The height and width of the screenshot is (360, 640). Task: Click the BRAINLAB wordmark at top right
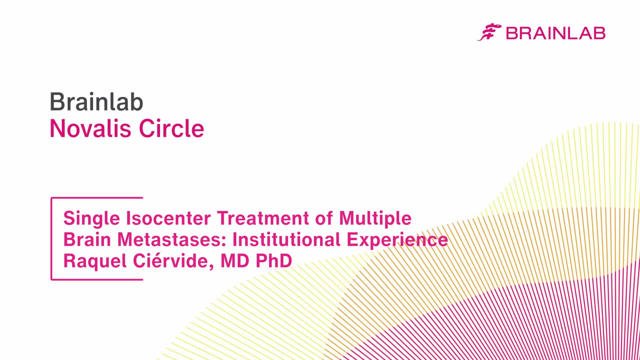click(x=555, y=33)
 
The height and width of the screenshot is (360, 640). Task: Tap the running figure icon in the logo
click(x=489, y=32)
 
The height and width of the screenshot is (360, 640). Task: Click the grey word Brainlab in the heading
click(x=96, y=102)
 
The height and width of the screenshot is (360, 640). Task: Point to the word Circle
click(x=171, y=128)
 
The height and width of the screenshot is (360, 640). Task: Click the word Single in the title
click(x=92, y=219)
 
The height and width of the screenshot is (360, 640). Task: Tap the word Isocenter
click(x=168, y=218)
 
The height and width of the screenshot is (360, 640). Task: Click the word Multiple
click(x=375, y=219)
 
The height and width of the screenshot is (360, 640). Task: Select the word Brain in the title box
click(x=87, y=240)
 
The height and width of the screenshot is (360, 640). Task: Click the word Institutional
click(x=286, y=240)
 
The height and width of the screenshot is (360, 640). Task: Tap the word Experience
click(x=397, y=240)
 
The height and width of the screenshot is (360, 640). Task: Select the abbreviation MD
click(x=235, y=261)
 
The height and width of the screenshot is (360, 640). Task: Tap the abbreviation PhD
click(x=274, y=261)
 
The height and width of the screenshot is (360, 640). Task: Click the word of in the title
click(x=324, y=218)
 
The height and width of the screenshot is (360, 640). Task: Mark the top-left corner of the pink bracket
click(x=51, y=198)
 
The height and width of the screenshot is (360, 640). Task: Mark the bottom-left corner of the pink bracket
click(x=51, y=279)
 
